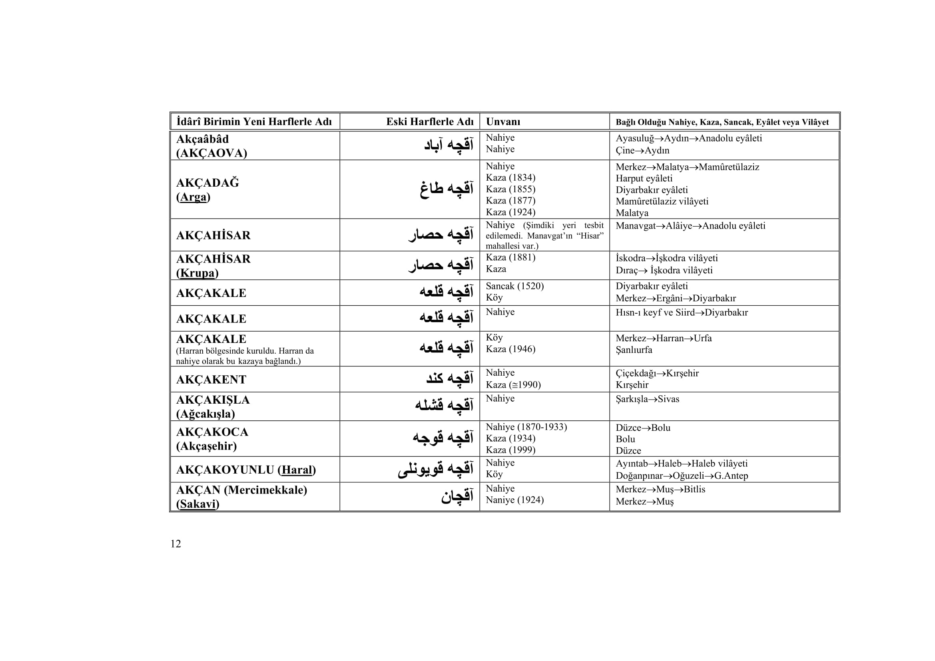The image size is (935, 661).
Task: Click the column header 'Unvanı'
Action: click(503, 122)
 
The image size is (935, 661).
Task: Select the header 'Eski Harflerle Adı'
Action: click(430, 122)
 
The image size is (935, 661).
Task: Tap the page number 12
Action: click(175, 544)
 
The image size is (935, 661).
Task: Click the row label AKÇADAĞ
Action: click(207, 183)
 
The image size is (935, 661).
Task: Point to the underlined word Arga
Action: click(193, 197)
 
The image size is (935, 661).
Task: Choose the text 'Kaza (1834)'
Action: click(510, 177)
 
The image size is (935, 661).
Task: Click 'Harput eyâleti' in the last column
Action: click(644, 178)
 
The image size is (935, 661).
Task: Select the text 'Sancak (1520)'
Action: click(514, 286)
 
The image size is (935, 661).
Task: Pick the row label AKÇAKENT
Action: click(211, 379)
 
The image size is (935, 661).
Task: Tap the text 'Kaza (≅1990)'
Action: click(513, 384)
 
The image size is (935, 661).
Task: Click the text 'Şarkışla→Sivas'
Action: click(647, 399)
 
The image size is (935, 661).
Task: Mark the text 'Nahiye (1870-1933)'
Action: click(526, 427)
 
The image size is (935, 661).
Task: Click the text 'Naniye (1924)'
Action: click(514, 500)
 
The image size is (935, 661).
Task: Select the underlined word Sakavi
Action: click(197, 504)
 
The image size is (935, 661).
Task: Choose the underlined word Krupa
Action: click(197, 273)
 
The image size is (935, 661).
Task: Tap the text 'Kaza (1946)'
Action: click(510, 349)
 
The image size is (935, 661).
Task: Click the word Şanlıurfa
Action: click(634, 350)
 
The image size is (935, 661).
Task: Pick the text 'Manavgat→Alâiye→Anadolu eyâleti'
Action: click(690, 226)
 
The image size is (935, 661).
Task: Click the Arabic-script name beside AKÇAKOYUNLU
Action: click(435, 469)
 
